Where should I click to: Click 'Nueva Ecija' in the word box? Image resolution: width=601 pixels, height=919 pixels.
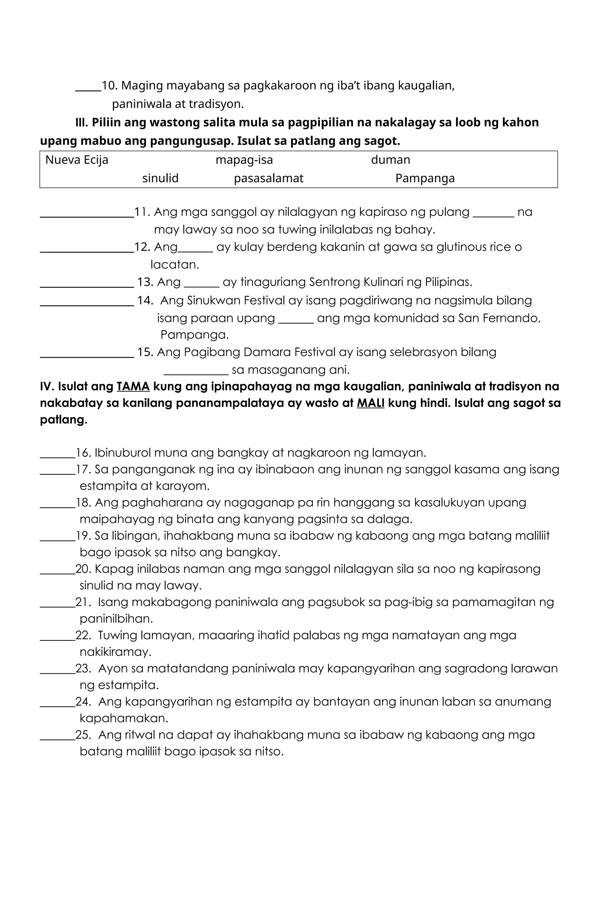point(77,160)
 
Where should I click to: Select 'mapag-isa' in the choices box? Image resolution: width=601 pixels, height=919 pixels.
point(244,160)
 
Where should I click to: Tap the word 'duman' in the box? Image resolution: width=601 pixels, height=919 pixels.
point(391,160)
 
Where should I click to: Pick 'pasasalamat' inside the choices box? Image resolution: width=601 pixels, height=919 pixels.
point(269,178)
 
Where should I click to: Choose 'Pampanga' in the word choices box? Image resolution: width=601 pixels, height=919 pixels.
point(425,178)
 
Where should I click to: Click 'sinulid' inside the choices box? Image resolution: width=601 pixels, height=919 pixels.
point(160,178)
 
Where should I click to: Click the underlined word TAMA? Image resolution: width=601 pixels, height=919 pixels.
point(133,386)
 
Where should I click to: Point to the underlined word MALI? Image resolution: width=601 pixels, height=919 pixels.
point(370,403)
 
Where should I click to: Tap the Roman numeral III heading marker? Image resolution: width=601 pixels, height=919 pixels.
point(82,123)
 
